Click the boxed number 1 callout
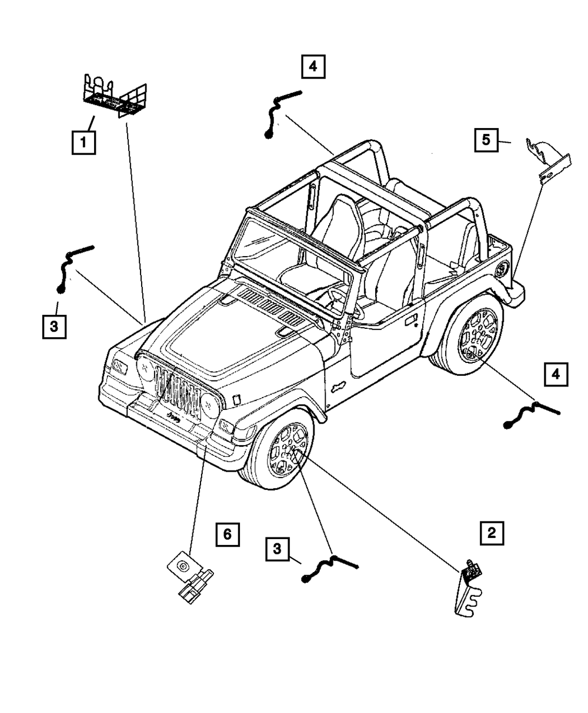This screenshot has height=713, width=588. click(83, 142)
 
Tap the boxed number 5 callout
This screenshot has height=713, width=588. click(486, 141)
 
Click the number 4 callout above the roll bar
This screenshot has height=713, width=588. click(313, 67)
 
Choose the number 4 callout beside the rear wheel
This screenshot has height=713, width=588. click(556, 374)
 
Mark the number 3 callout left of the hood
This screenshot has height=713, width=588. click(54, 327)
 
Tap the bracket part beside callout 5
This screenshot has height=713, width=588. click(548, 160)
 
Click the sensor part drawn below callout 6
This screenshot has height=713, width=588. click(190, 577)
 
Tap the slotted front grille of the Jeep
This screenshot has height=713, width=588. click(176, 392)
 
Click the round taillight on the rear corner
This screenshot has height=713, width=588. click(502, 270)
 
